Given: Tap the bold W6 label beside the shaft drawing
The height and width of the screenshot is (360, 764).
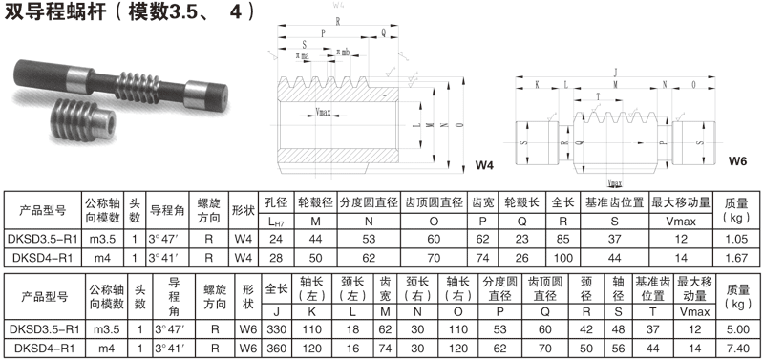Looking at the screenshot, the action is pos(737,161).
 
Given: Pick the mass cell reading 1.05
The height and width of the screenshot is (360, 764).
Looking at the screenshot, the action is pos(735,239).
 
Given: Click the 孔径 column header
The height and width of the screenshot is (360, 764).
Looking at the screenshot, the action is pos(277,204).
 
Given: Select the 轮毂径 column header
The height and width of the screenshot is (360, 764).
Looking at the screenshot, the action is pos(316,204).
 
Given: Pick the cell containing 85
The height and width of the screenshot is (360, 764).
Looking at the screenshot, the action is pos(565,239).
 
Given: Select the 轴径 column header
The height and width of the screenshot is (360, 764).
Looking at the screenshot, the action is pos(618,284).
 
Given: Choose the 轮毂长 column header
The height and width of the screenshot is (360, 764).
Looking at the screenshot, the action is pos(522,204).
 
